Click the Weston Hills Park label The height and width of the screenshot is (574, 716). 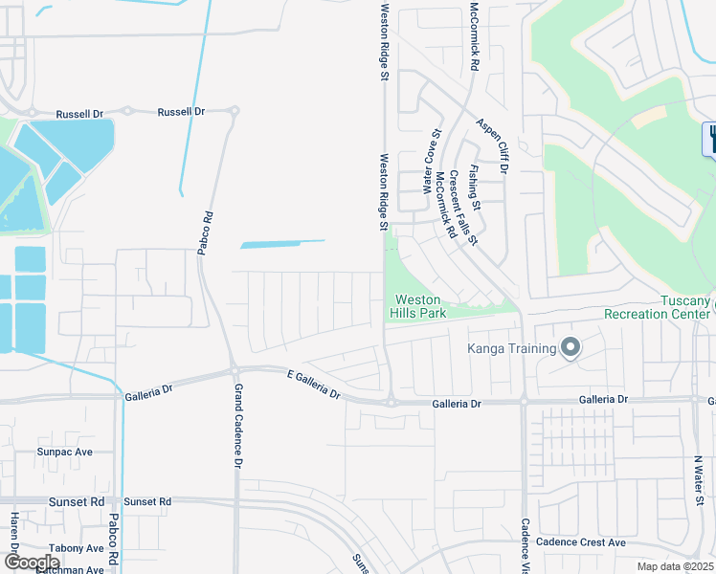point(417,306)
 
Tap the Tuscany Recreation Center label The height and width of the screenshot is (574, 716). point(659,307)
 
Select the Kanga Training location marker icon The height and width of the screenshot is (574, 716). point(571,347)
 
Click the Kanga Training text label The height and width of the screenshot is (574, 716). point(511,348)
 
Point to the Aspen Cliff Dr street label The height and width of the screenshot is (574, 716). point(494,145)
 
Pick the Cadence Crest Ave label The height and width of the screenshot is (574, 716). point(580,542)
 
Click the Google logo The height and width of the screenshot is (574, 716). point(32,563)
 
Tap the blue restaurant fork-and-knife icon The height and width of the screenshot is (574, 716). point(711,139)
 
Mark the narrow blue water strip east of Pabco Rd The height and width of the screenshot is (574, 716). point(281,244)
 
